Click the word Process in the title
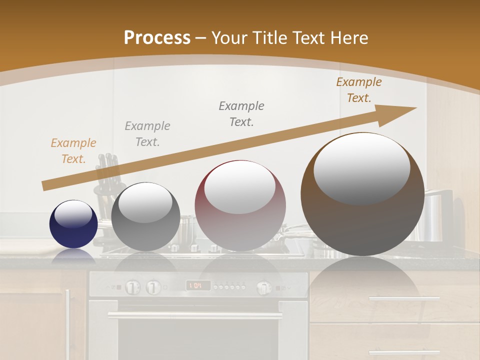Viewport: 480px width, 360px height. coord(157,37)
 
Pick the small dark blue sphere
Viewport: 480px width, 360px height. coord(73,224)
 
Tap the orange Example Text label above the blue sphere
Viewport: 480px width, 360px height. coord(73,151)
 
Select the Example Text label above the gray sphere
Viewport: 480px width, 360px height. coord(147,134)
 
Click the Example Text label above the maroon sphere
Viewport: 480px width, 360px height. coord(241,113)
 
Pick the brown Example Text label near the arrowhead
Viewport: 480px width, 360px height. coord(359,90)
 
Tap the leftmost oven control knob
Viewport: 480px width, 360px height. coord(131,287)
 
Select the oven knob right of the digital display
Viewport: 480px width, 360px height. coord(263,287)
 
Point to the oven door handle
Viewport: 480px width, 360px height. coord(195,316)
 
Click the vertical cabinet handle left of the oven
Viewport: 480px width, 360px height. coord(67,315)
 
